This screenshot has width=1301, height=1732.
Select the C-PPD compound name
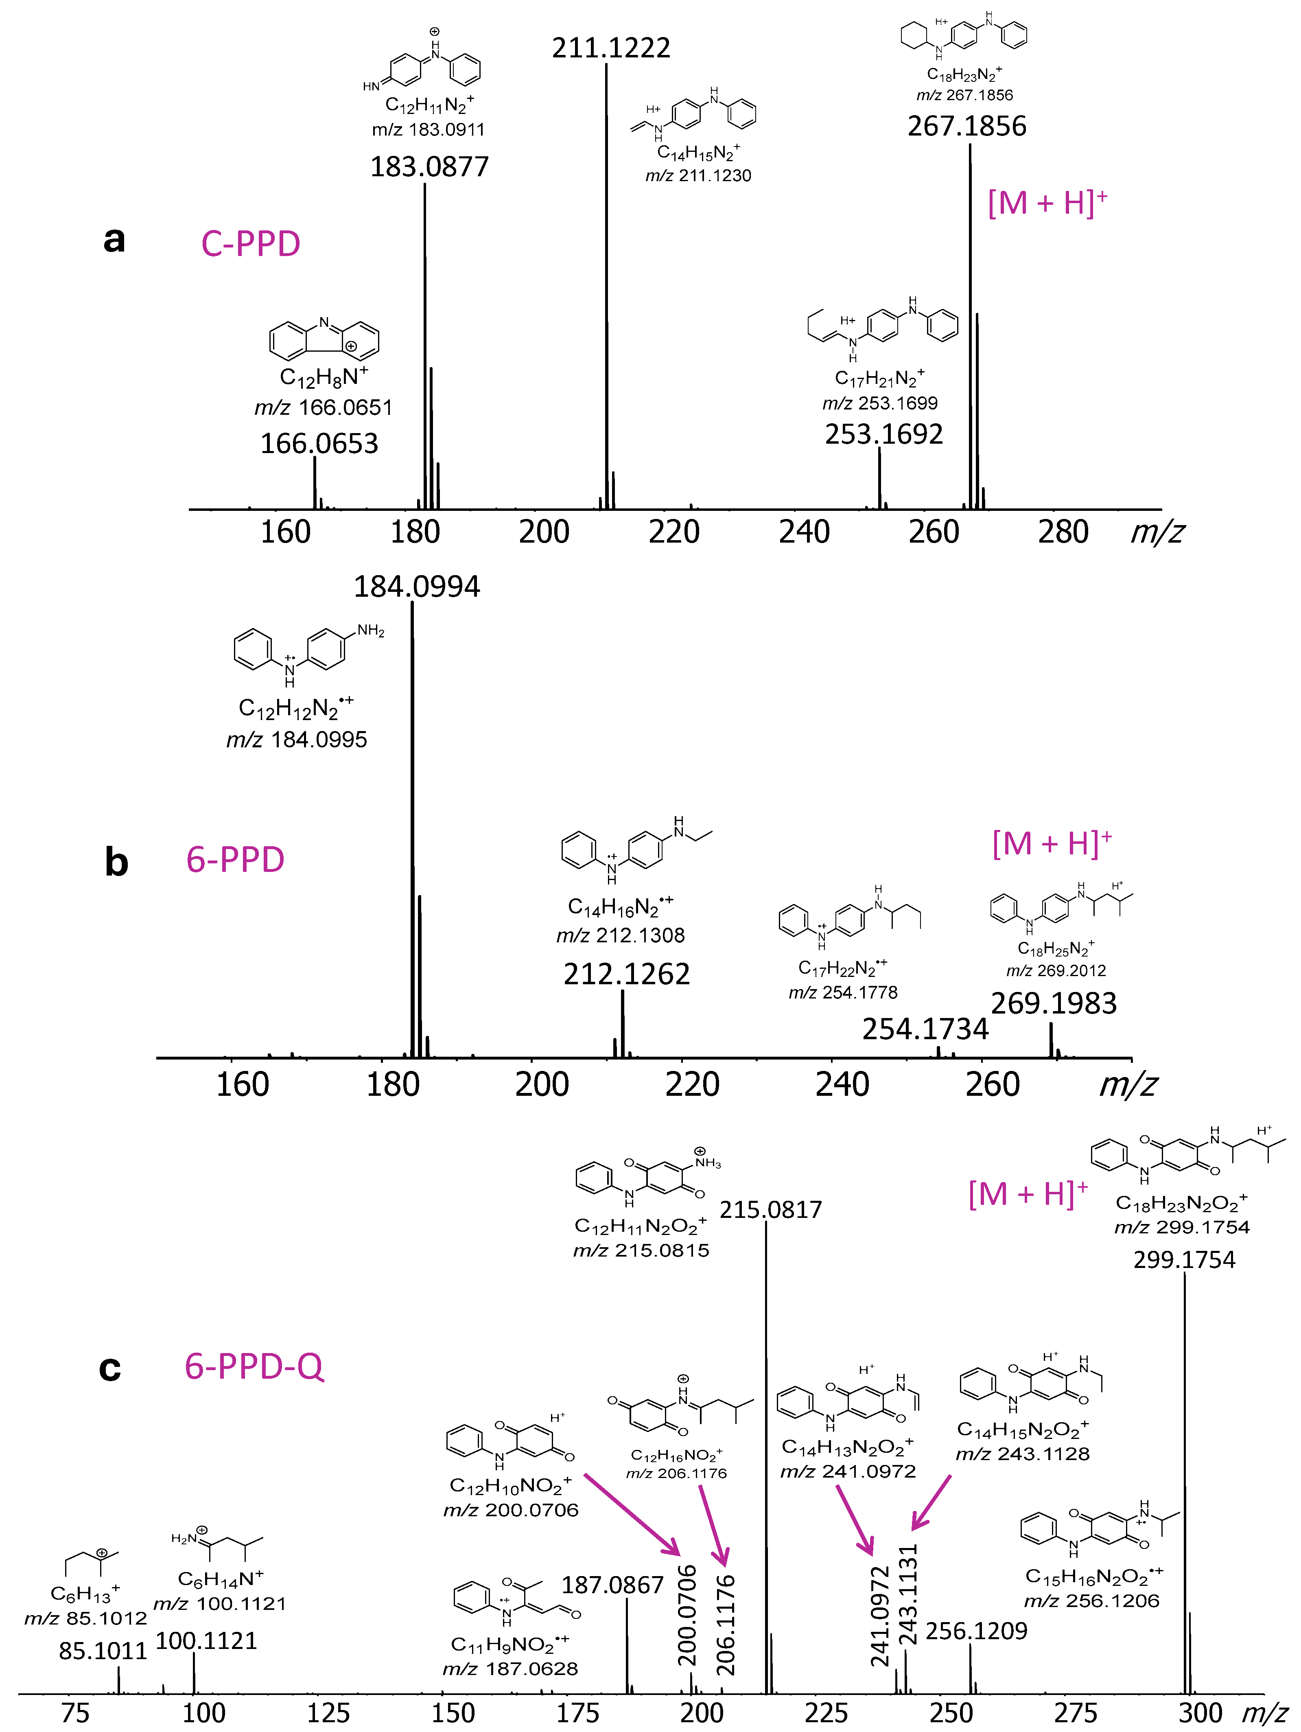[x=251, y=243]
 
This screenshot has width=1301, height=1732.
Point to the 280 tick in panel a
[x=1063, y=532]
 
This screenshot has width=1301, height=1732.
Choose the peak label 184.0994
[x=416, y=587]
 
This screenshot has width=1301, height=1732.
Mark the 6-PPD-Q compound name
[x=254, y=1366]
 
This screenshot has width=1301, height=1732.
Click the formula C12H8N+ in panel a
[x=323, y=377]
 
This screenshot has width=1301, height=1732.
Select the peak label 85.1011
[x=103, y=1651]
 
